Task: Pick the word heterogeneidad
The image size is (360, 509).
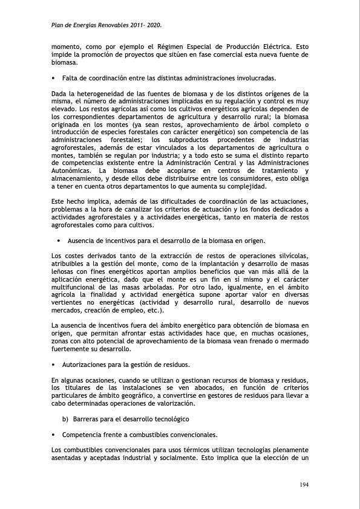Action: pos(92,94)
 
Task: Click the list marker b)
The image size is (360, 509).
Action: pos(65,419)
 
